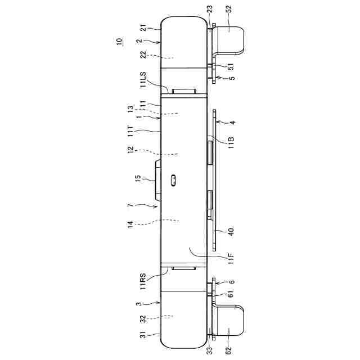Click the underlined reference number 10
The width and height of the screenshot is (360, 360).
coord(119,41)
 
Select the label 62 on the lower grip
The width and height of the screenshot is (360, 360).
coord(229,350)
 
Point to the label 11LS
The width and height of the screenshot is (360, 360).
coord(143,79)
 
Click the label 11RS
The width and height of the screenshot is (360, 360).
coord(143,281)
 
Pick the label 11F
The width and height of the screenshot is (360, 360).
coord(231,258)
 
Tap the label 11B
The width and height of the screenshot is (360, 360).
coord(231,142)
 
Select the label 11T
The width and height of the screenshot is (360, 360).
coord(130,131)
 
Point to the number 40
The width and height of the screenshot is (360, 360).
coord(231,232)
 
